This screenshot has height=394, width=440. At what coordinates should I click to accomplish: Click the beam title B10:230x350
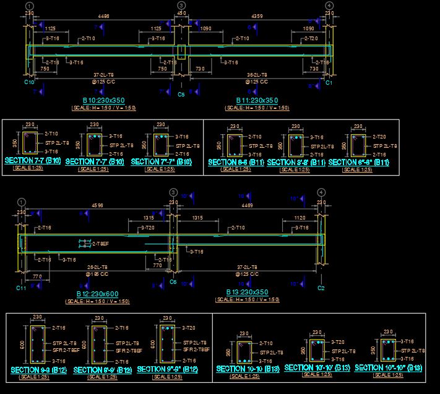[x=103, y=100]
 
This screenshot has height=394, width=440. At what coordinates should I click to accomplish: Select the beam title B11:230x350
[x=257, y=100]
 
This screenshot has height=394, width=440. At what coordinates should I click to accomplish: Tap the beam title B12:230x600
[x=97, y=294]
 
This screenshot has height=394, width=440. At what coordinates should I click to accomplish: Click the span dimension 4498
[x=104, y=17]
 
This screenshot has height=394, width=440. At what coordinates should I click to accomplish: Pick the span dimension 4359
[x=257, y=17]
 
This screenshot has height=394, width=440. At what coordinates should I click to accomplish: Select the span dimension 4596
[x=97, y=205]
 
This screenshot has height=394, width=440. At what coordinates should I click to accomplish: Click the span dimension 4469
[x=247, y=205]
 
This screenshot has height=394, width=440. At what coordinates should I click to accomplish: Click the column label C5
[x=181, y=95]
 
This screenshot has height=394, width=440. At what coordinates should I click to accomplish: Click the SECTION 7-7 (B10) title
[x=33, y=161]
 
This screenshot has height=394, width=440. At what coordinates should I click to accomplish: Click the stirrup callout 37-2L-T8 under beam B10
[x=103, y=75]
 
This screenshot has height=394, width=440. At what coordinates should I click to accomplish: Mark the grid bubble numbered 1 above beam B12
[x=22, y=202]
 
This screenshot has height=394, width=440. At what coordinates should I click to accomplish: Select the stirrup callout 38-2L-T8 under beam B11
[x=256, y=75]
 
